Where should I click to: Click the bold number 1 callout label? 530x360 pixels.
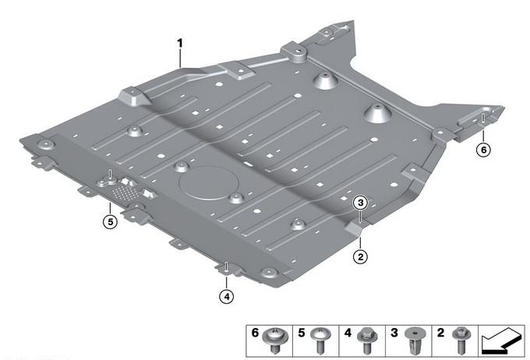tap(180, 44)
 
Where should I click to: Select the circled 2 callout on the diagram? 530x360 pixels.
tap(360, 257)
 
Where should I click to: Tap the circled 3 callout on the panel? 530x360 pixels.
tap(360, 203)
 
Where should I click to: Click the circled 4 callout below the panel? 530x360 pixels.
tap(227, 297)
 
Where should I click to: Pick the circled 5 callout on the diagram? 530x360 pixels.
tap(110, 222)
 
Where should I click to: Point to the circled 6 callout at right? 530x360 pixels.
tap(483, 150)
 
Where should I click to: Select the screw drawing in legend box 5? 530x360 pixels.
tap(320, 341)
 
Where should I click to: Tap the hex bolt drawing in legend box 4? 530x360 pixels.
tap(366, 341)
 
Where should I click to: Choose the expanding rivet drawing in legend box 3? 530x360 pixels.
tap(413, 341)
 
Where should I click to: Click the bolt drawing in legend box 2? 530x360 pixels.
tap(461, 341)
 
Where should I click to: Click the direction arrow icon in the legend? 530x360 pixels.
tap(501, 341)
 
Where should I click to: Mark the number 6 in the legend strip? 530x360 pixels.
tap(255, 333)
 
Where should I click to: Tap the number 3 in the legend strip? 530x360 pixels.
tap(394, 333)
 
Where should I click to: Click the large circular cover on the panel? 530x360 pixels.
tap(209, 183)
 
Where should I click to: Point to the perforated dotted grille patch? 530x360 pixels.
tap(125, 193)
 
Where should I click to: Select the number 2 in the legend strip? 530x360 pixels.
tap(440, 333)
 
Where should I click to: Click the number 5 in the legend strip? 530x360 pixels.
tap(302, 333)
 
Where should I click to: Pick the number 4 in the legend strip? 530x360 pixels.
tap(348, 333)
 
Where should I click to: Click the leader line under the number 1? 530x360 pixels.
tap(180, 58)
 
